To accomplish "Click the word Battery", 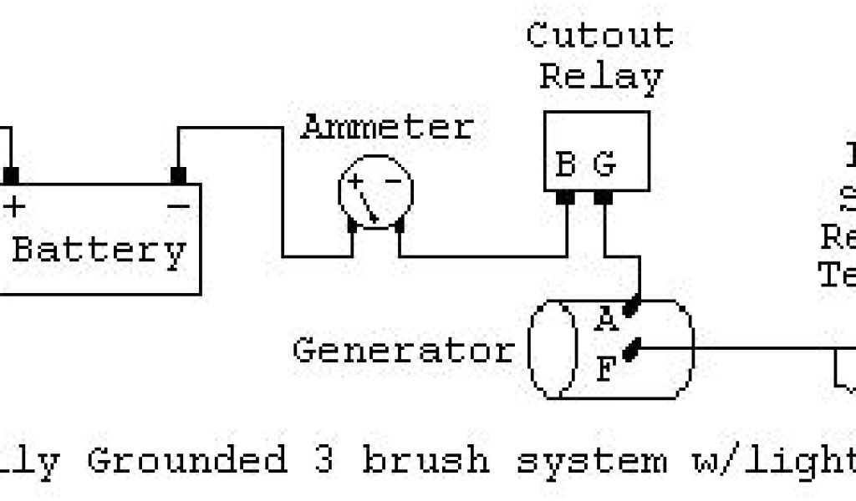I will click(98, 250).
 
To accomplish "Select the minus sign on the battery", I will click(177, 204).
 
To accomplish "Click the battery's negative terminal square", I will click(177, 176).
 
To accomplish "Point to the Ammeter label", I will click(387, 128).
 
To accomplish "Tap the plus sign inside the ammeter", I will click(357, 182).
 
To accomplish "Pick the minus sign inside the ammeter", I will click(388, 182).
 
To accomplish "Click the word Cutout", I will click(600, 35).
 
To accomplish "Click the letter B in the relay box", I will click(566, 164).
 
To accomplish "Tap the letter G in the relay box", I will click(604, 164).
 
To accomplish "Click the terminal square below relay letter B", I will click(565, 198).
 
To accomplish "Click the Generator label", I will click(403, 349).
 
